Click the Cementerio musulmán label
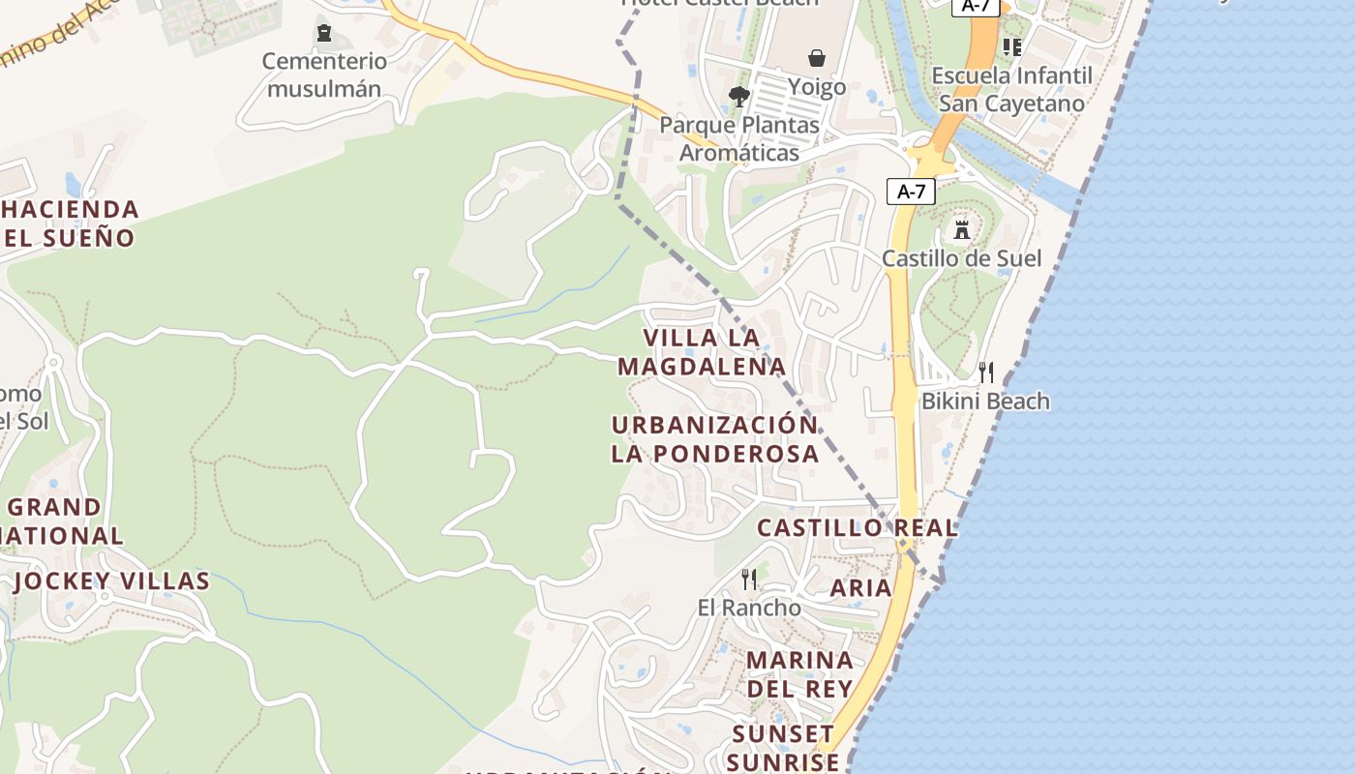click(x=324, y=75)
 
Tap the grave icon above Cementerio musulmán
click(x=324, y=34)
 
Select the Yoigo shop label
click(x=816, y=87)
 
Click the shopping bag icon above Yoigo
click(x=817, y=58)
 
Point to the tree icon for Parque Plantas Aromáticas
click(x=739, y=97)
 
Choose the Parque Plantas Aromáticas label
click(x=739, y=138)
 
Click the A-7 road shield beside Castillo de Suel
click(x=911, y=192)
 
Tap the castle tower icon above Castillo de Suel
click(x=961, y=230)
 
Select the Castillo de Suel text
click(x=961, y=258)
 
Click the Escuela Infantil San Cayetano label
click(x=1011, y=89)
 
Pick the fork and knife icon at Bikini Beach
click(x=986, y=372)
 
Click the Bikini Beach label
click(x=985, y=401)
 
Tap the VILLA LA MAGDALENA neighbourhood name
click(x=702, y=352)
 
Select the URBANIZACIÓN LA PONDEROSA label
click(x=714, y=438)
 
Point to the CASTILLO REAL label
click(x=858, y=528)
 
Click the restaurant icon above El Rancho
click(x=749, y=580)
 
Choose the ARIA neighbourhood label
click(x=860, y=587)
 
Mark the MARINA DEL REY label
click(x=799, y=674)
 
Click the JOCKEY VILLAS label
click(x=111, y=580)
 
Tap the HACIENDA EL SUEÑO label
click(x=70, y=223)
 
